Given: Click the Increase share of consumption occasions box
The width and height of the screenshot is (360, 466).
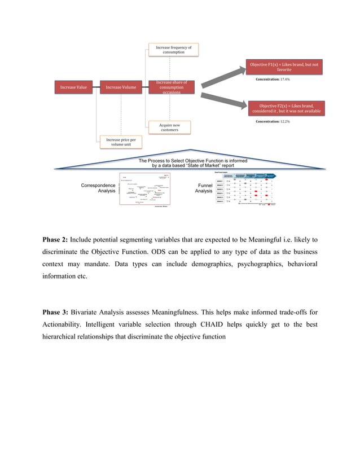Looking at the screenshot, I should pos(169,87).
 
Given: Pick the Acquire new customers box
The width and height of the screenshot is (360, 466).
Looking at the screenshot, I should pos(169,127).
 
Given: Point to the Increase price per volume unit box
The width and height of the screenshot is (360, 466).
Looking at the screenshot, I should pos(121,142).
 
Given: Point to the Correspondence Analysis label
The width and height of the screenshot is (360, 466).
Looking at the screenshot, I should pos(98,188).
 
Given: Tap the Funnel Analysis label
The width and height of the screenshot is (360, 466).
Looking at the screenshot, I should pos(204,188).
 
